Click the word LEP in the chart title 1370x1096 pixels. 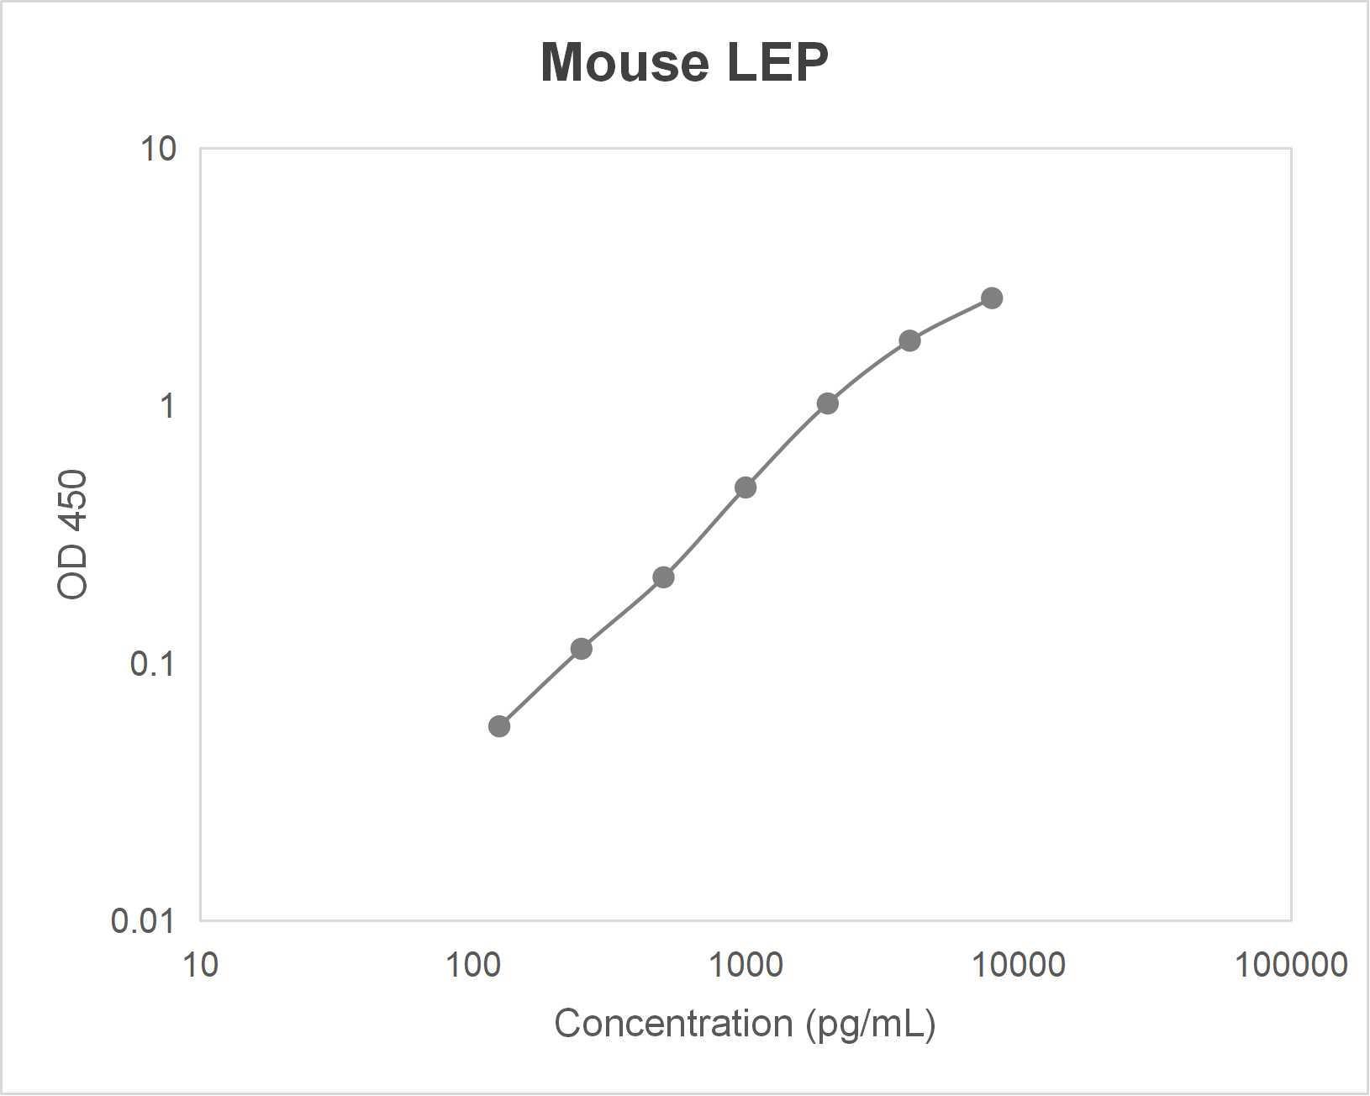777,62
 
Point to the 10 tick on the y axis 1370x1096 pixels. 159,149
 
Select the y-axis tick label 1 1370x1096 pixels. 167,406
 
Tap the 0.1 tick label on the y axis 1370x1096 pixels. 152,664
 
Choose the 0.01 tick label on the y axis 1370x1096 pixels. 143,921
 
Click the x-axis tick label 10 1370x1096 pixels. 200,965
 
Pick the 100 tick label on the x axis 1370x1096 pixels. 472,965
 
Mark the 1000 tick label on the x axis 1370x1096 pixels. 746,965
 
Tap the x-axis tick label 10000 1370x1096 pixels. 1019,965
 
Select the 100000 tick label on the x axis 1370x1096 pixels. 1291,965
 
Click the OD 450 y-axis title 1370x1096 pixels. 73,535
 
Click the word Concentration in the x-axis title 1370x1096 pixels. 673,1024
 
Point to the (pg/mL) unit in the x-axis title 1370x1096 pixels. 870,1024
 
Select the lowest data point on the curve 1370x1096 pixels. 499,726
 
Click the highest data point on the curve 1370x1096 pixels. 992,298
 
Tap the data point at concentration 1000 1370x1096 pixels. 746,487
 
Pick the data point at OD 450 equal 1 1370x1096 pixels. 828,403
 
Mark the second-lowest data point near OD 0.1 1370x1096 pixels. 581,649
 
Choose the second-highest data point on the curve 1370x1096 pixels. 909,340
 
